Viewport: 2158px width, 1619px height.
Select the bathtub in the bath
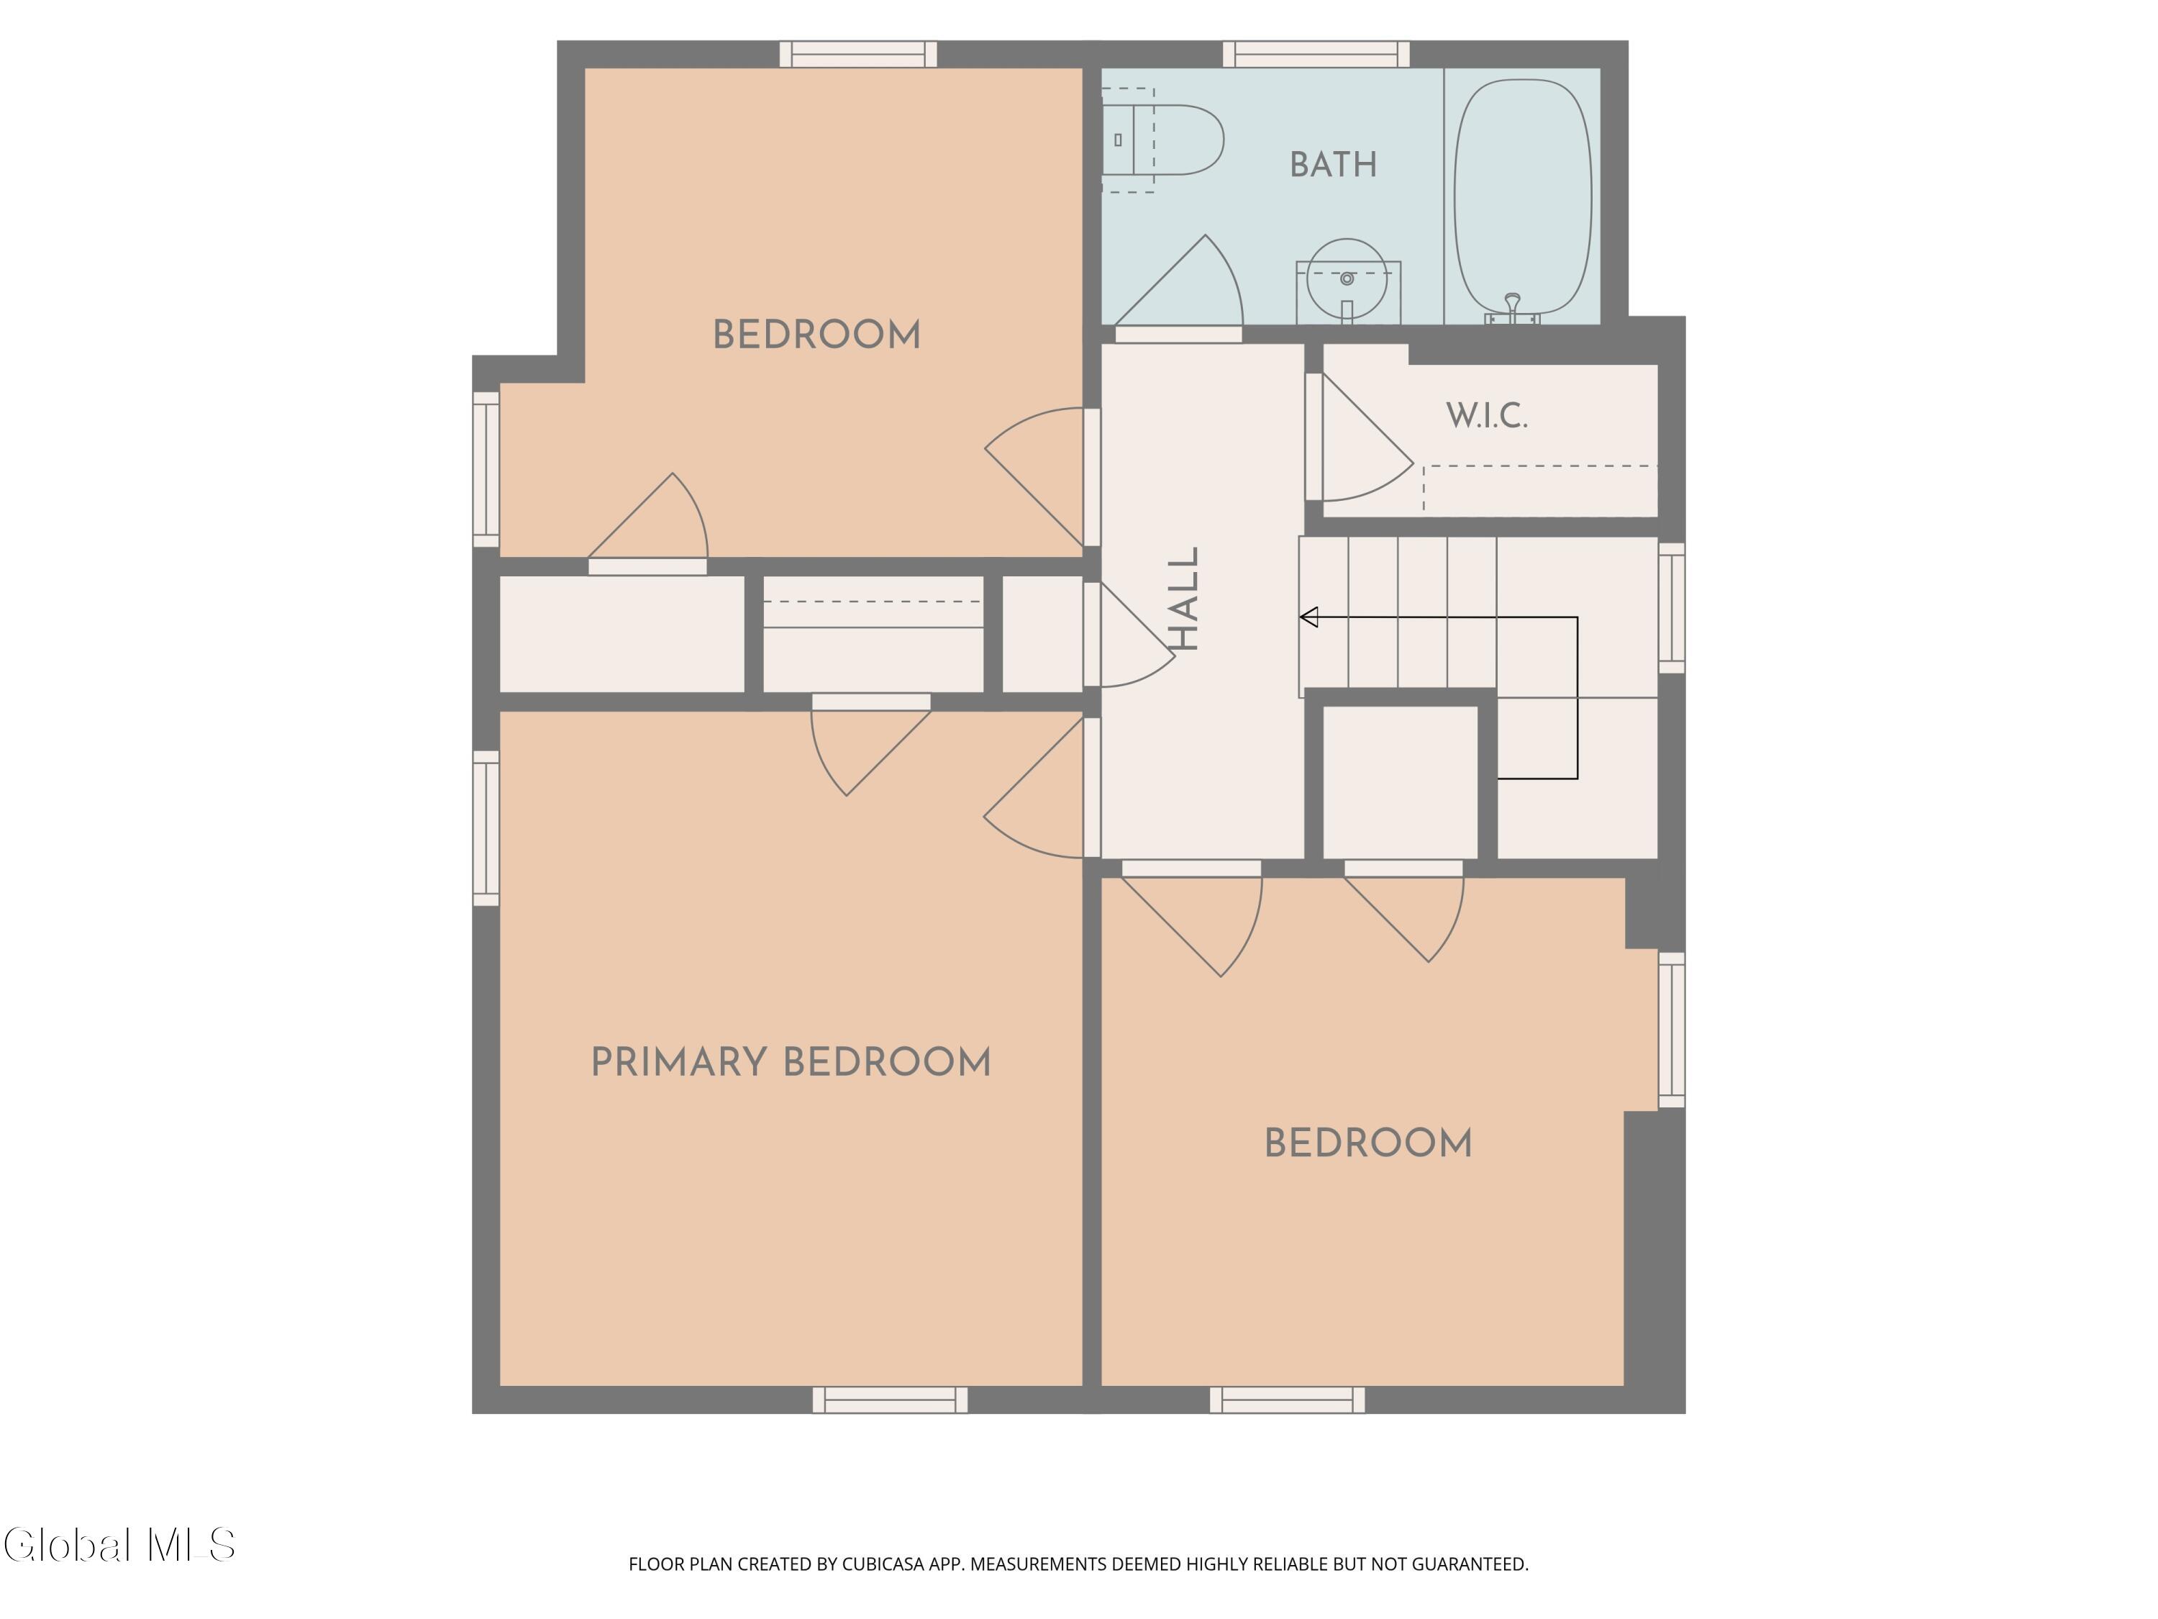pos(1523,198)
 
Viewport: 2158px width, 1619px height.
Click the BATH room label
pos(1333,165)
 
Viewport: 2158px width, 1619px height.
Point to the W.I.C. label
pos(1486,416)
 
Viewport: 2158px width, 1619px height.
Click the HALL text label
pos(1183,598)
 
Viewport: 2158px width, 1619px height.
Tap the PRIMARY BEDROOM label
pos(791,1062)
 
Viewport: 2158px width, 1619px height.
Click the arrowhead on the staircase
pos(1309,617)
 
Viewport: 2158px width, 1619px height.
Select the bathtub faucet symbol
pos(1512,309)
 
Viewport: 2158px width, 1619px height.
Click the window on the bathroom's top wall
pos(1316,54)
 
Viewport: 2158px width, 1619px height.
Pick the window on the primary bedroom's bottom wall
pos(890,1400)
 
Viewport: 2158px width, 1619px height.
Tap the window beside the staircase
pos(1671,607)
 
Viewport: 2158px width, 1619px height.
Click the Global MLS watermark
pos(119,1546)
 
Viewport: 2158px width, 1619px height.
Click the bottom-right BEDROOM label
pos(1367,1144)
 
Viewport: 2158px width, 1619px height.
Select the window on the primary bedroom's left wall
pos(486,827)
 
